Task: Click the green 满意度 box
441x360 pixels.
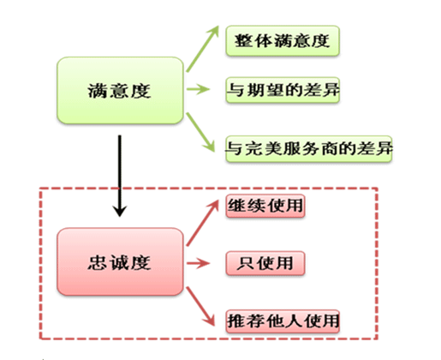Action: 120,91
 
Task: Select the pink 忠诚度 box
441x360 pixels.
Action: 120,261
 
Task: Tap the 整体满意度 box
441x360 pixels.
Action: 283,41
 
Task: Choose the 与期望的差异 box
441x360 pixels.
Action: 283,90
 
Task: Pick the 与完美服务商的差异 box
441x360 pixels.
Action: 309,149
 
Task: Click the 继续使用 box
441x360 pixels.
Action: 265,206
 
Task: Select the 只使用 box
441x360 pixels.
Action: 265,263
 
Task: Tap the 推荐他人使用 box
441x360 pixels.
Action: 283,321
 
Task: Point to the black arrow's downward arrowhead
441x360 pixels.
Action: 120,211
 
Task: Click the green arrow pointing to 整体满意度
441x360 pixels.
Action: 202,49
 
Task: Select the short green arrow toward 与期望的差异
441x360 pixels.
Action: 198,89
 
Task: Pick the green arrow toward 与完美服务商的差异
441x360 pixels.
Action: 200,132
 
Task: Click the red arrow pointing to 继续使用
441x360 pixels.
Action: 202,223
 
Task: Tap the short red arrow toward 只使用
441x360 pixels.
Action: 198,263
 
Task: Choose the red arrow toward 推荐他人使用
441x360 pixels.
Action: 200,306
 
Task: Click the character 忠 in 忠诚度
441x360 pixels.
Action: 98,262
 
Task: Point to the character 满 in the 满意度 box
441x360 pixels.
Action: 98,91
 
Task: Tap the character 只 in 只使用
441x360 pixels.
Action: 245,263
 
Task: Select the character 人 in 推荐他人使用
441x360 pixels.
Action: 293,321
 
